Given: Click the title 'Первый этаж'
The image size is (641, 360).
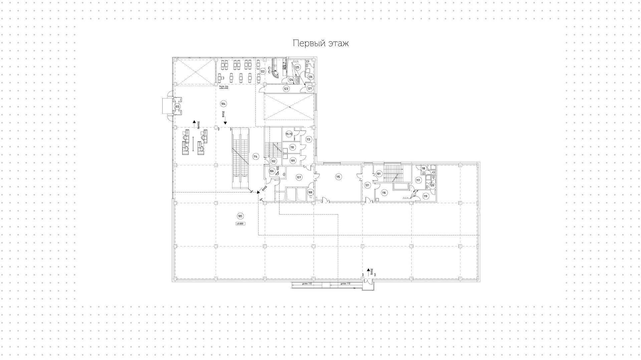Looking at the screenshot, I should pyautogui.click(x=320, y=43).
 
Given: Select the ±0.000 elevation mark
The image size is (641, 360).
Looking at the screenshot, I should pyautogui.click(x=240, y=224).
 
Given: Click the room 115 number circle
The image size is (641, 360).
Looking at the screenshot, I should pyautogui.click(x=338, y=177).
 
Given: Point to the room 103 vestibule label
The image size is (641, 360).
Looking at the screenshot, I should pyautogui.click(x=177, y=107).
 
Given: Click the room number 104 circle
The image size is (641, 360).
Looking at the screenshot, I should pyautogui.click(x=223, y=103).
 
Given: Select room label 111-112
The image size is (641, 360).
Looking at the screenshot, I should pyautogui.click(x=289, y=134).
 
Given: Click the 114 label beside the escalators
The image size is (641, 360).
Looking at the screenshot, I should pyautogui.click(x=256, y=156).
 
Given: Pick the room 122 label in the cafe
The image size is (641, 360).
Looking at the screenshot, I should pyautogui.click(x=262, y=71).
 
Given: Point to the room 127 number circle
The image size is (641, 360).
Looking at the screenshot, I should pyautogui.click(x=309, y=89).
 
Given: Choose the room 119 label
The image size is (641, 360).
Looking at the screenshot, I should pyautogui.click(x=425, y=196).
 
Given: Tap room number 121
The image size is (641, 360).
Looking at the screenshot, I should pyautogui.click(x=367, y=185).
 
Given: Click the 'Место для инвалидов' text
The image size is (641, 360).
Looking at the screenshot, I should pyautogui.click(x=223, y=87).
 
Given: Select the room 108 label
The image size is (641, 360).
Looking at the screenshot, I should pyautogui.click(x=310, y=192).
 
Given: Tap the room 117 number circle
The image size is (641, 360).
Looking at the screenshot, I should pyautogui.click(x=418, y=180).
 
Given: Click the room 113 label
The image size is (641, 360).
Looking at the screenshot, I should pyautogui.click(x=308, y=139).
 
